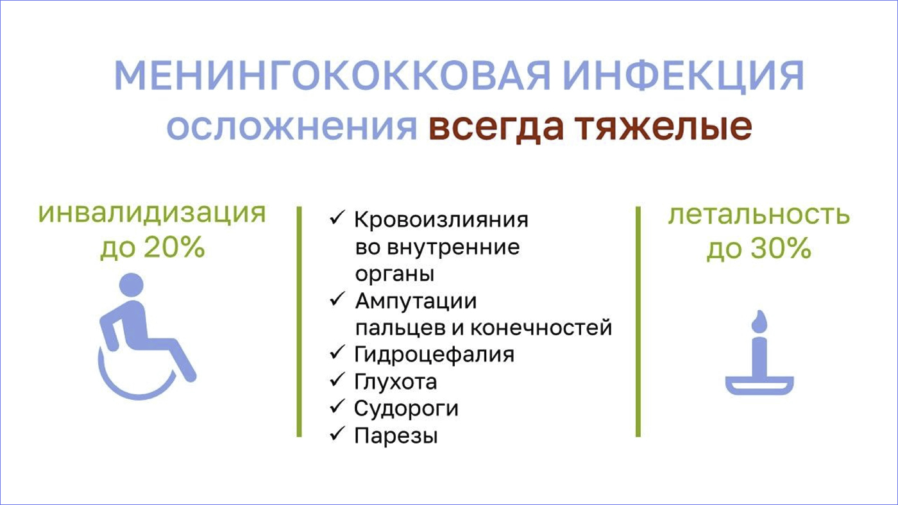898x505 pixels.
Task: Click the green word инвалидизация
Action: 152,213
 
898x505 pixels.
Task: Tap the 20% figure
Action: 174,247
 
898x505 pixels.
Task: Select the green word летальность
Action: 759,214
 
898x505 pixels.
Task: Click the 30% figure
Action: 781,248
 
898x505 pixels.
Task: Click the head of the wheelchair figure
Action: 131,285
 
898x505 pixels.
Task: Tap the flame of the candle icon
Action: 759,322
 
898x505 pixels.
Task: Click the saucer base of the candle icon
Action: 759,385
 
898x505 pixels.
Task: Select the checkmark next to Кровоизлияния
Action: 337,218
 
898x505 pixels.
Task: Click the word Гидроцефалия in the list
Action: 434,355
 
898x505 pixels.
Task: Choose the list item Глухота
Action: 396,382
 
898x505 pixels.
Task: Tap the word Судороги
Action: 406,409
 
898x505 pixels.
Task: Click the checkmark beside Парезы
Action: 337,434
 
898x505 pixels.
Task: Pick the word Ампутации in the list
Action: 416,301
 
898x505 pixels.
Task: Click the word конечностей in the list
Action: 541,327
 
